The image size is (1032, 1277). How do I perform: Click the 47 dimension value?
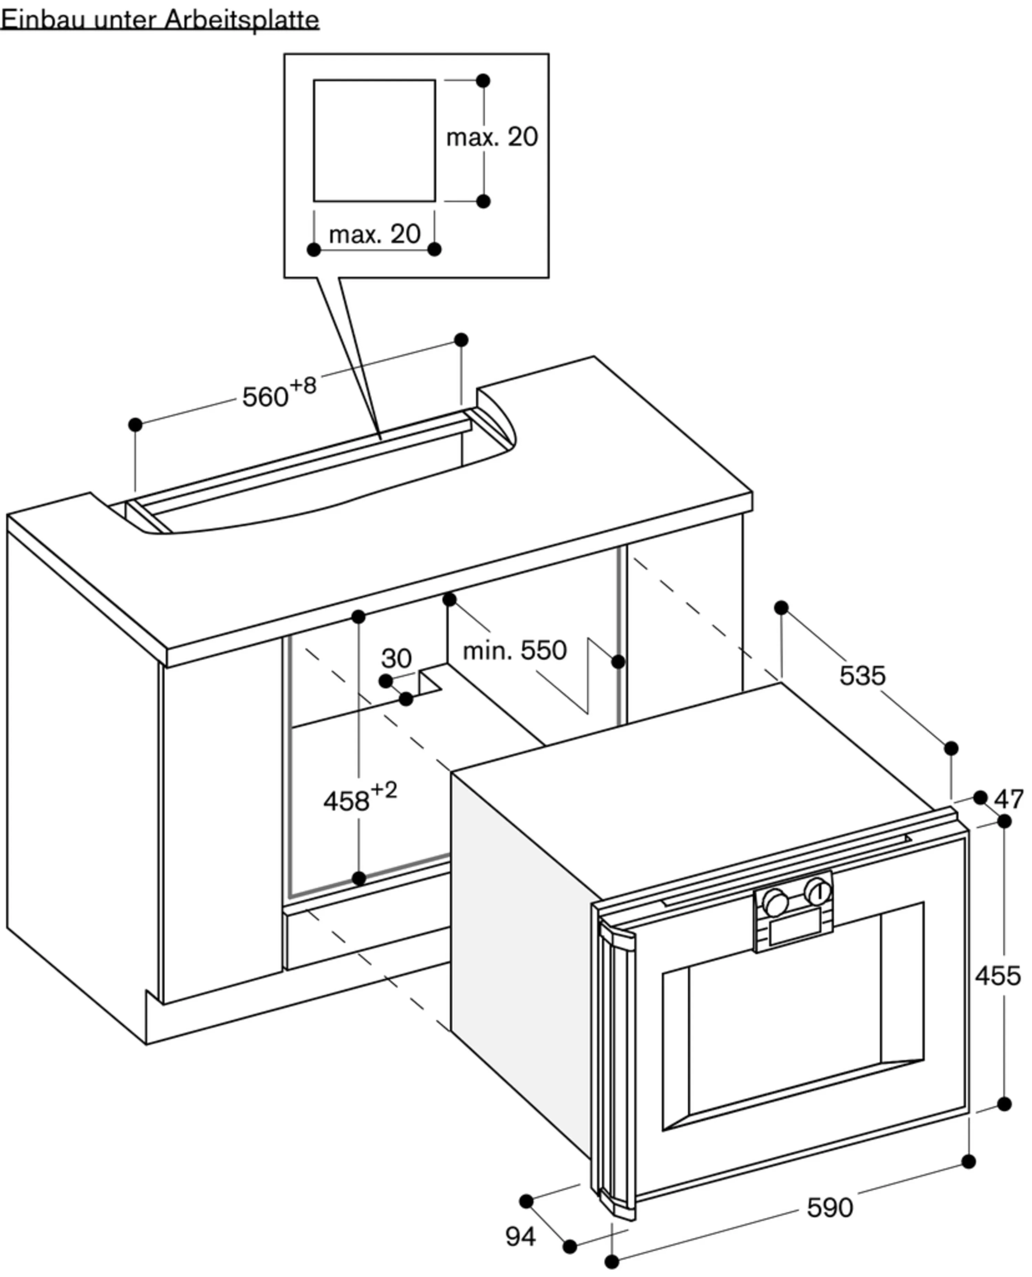click(1009, 799)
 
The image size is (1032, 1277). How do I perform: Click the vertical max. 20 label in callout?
click(492, 137)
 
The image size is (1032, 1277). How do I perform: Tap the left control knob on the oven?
click(775, 902)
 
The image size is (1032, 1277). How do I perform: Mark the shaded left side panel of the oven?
click(520, 952)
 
